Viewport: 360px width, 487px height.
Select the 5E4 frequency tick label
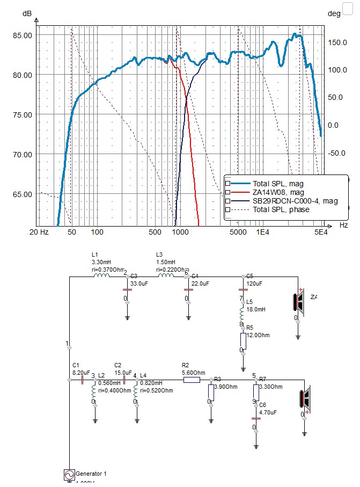point(320,232)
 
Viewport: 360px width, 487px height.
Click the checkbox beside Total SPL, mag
point(228,184)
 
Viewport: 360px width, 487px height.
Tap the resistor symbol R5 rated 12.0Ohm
point(243,340)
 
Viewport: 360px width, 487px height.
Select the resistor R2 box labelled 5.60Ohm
point(192,380)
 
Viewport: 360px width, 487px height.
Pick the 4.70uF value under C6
point(268,413)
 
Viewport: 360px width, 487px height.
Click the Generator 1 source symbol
point(69,475)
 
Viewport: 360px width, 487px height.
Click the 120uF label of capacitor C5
point(254,284)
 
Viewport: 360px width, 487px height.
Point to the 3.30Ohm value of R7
point(270,386)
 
